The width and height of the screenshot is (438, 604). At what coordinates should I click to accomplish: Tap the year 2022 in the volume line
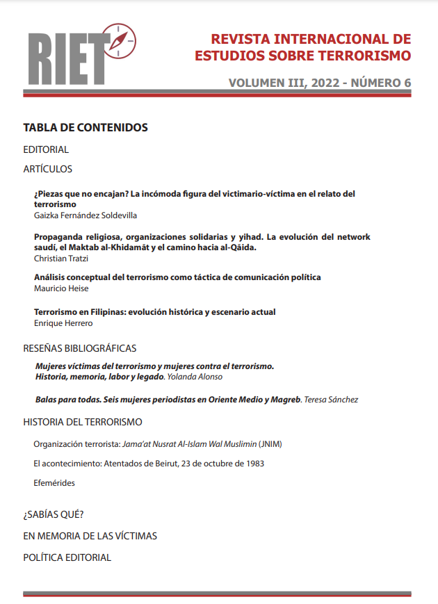(316, 83)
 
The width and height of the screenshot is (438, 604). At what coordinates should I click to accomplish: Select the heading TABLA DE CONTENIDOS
(86, 128)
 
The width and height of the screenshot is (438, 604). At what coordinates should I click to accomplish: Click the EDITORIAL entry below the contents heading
(46, 149)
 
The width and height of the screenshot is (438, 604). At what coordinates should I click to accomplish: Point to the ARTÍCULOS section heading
(47, 169)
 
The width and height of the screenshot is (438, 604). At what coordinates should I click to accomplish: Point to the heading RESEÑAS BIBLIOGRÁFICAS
(80, 348)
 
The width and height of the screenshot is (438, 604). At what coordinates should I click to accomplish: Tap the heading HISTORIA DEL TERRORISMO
(83, 422)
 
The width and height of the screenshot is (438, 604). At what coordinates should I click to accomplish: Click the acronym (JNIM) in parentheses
(272, 443)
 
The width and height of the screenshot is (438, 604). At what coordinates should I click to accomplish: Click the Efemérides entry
(54, 483)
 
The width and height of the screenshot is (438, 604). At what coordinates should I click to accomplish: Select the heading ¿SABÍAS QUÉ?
(54, 515)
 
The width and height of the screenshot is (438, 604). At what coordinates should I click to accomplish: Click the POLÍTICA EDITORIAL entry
(67, 557)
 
